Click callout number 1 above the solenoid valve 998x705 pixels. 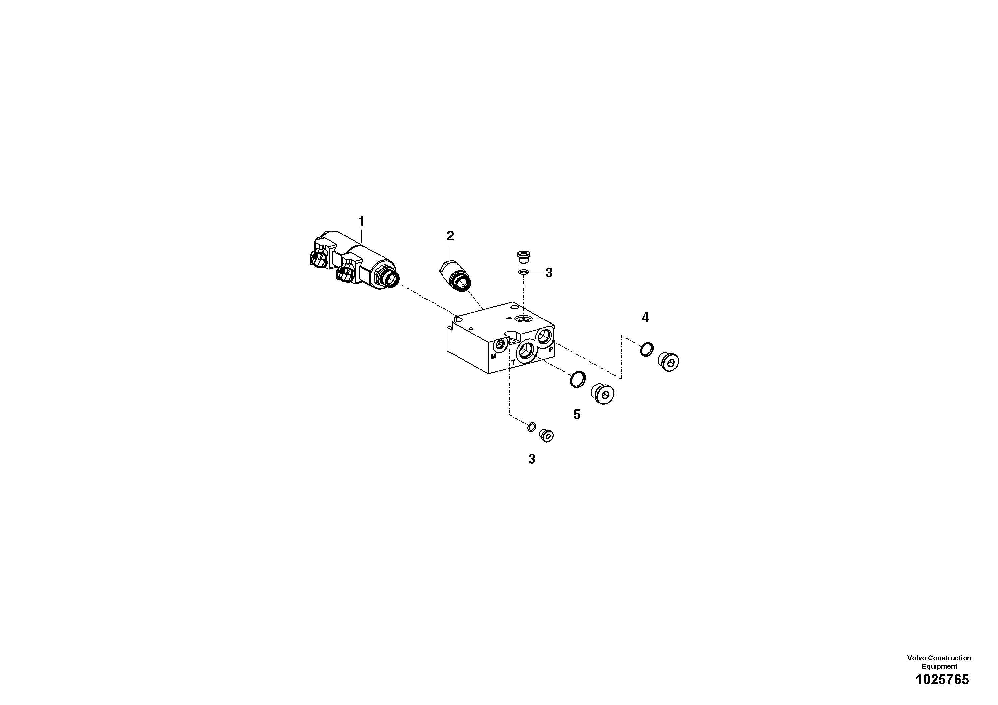361,221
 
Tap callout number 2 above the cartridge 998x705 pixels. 450,236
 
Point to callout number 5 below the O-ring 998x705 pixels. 577,415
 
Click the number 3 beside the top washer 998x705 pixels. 549,273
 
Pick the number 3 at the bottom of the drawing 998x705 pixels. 532,459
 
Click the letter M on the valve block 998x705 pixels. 494,356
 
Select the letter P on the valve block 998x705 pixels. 551,349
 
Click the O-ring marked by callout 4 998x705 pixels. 647,349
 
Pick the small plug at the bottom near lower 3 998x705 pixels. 546,435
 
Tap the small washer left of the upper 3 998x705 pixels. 523,273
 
